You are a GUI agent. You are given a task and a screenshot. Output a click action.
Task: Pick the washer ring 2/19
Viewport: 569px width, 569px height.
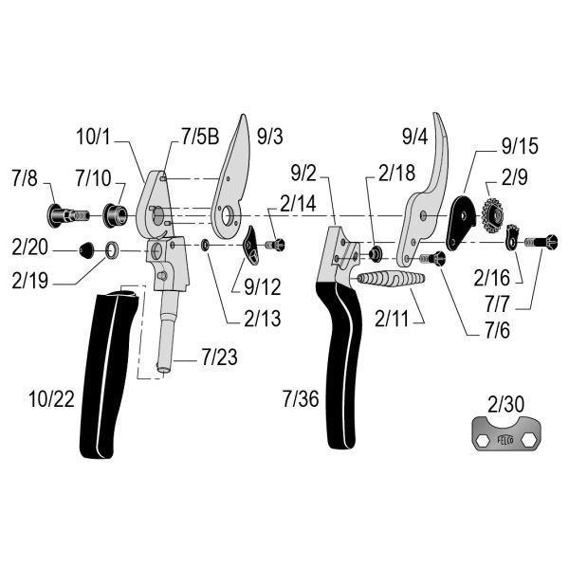tap(111, 250)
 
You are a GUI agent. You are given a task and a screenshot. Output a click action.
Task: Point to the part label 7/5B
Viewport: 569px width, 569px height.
tap(196, 137)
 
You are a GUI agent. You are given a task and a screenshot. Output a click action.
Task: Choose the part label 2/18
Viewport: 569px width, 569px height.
tap(396, 174)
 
